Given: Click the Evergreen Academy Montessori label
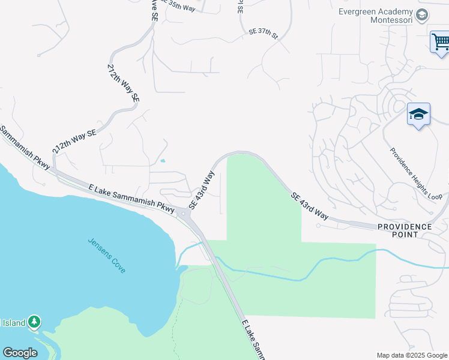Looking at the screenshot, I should click(x=376, y=16).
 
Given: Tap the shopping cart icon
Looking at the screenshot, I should click(x=440, y=43).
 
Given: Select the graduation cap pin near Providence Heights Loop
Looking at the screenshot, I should click(x=418, y=113).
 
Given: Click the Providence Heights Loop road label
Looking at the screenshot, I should click(x=417, y=174).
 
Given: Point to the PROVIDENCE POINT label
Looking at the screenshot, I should click(x=405, y=230).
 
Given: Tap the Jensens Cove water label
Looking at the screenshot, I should click(x=107, y=256).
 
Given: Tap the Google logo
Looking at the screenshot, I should click(x=20, y=353).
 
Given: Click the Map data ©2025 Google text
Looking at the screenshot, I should click(x=411, y=355).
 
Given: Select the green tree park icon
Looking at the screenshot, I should click(x=35, y=322).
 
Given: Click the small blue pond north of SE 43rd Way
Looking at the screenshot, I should click(x=162, y=161).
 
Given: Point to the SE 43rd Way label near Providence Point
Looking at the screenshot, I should click(x=310, y=206).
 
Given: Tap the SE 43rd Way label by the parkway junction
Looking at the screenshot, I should click(x=202, y=190).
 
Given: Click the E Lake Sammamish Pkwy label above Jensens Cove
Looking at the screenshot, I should click(x=131, y=197).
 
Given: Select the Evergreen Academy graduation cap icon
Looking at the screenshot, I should click(x=422, y=14).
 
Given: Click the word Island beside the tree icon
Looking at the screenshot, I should click(x=13, y=323).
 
